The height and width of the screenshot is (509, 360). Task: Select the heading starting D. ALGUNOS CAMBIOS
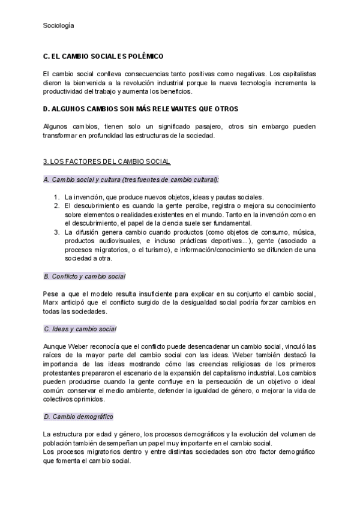point(141,109)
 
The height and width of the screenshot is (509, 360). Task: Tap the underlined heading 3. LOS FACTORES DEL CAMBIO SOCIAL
point(107,161)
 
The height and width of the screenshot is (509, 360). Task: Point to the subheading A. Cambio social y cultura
point(131,179)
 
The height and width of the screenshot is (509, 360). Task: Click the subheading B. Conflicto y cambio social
point(85,276)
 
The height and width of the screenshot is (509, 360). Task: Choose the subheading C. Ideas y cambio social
point(80,329)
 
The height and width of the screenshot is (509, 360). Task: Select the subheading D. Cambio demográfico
point(79,417)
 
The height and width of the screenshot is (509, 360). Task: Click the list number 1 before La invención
point(56,197)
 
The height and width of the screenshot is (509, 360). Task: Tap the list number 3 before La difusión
point(56,232)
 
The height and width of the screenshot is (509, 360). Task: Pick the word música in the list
point(304,232)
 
